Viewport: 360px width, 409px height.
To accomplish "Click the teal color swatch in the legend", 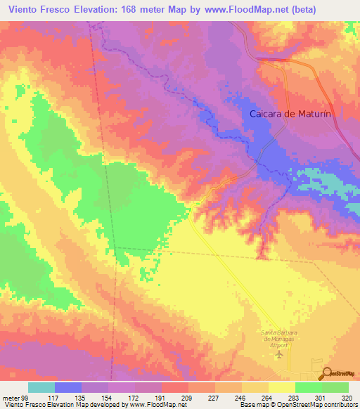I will (x=41, y=387).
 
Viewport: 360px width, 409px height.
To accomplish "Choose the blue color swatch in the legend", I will (x=68, y=387).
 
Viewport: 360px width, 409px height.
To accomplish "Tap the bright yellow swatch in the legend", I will (x=282, y=387).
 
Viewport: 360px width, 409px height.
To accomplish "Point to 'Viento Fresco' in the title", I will (x=36, y=9).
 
